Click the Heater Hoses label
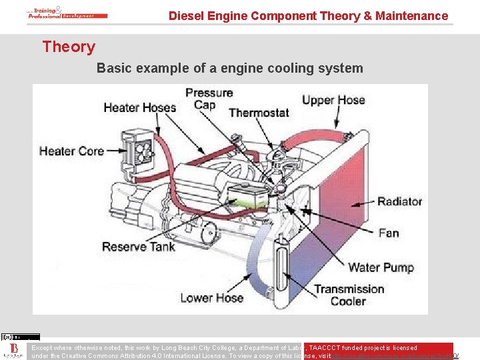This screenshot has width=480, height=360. click(x=139, y=108)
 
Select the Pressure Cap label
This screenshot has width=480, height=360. click(x=209, y=99)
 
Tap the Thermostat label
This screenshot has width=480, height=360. click(x=259, y=113)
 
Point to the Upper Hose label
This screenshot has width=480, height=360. click(x=333, y=101)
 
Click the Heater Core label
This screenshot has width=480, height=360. click(x=71, y=151)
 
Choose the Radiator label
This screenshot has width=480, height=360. click(x=399, y=201)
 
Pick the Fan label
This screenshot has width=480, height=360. click(x=388, y=233)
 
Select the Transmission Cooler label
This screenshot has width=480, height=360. click(x=349, y=295)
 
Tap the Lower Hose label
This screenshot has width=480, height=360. click(x=211, y=298)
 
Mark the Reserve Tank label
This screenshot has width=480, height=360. click(x=139, y=247)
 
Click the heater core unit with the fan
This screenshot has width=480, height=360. click(x=136, y=147)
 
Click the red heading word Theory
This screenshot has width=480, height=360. click(x=69, y=47)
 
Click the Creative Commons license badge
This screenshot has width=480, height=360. click(x=20, y=337)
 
